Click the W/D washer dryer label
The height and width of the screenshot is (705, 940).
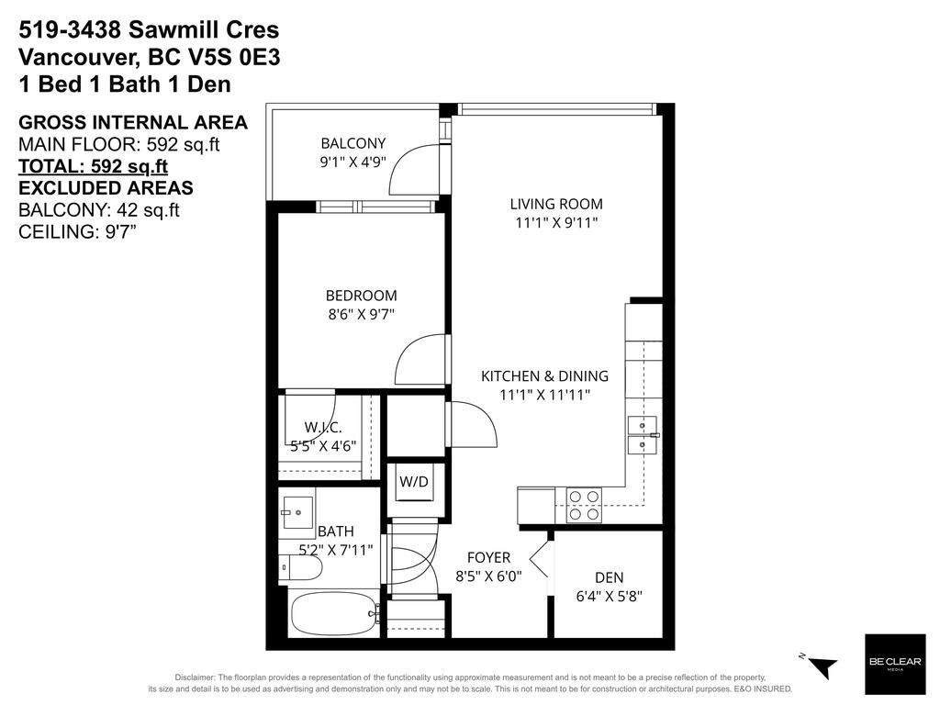[x=413, y=481]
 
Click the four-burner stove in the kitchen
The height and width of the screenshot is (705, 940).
[x=583, y=505]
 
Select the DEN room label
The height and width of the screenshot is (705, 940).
[x=609, y=577]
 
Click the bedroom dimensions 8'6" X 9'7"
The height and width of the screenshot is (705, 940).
[x=361, y=314]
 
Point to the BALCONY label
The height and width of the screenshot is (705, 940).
[x=352, y=143]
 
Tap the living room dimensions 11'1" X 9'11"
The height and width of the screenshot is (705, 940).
[x=556, y=222]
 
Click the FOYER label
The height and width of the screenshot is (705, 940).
[x=488, y=557]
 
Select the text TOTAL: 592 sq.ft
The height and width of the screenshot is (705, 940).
[x=93, y=167]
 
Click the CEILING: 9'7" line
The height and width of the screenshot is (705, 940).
[x=78, y=232]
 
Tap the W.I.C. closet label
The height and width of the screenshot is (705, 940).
[x=323, y=427]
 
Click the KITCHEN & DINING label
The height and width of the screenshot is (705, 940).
[x=545, y=375]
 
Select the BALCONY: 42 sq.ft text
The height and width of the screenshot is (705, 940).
[x=98, y=210]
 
